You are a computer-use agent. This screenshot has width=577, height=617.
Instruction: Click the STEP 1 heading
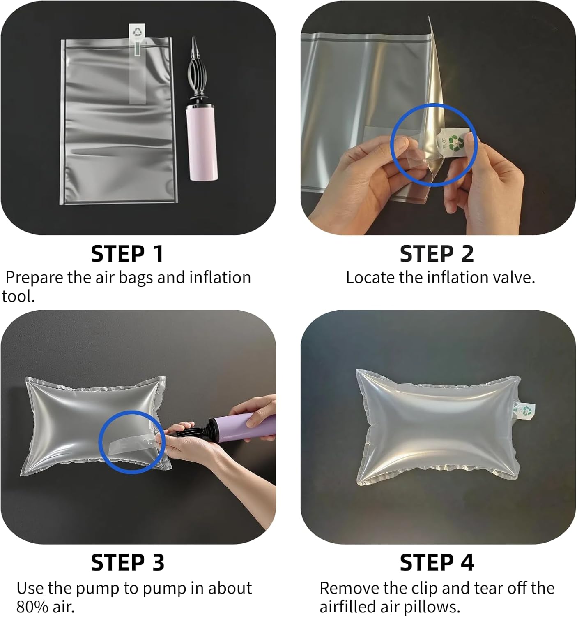pyautogui.click(x=127, y=254)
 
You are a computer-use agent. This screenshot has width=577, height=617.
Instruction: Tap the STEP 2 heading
pyautogui.click(x=437, y=254)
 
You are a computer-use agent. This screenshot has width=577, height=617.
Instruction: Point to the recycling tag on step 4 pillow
pyautogui.click(x=524, y=412)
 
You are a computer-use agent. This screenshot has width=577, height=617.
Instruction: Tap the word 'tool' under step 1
pyautogui.click(x=17, y=296)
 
